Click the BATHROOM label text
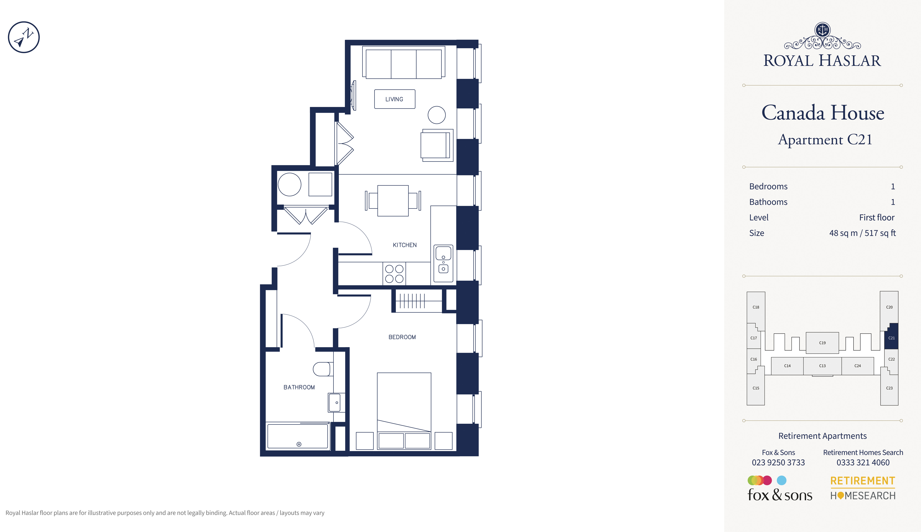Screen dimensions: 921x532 click(x=299, y=387)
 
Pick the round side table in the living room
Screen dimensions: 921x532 click(x=437, y=115)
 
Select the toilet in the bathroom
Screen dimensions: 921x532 click(x=323, y=369)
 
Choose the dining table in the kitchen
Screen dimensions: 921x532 click(x=393, y=201)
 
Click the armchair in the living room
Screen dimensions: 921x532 click(x=437, y=145)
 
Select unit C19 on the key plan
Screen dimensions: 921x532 click(x=822, y=343)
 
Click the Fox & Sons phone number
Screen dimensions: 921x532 click(x=778, y=463)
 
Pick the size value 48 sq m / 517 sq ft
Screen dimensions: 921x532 click(x=862, y=233)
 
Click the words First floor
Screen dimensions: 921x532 click(x=877, y=217)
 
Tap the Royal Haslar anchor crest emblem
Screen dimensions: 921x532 click(x=822, y=30)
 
